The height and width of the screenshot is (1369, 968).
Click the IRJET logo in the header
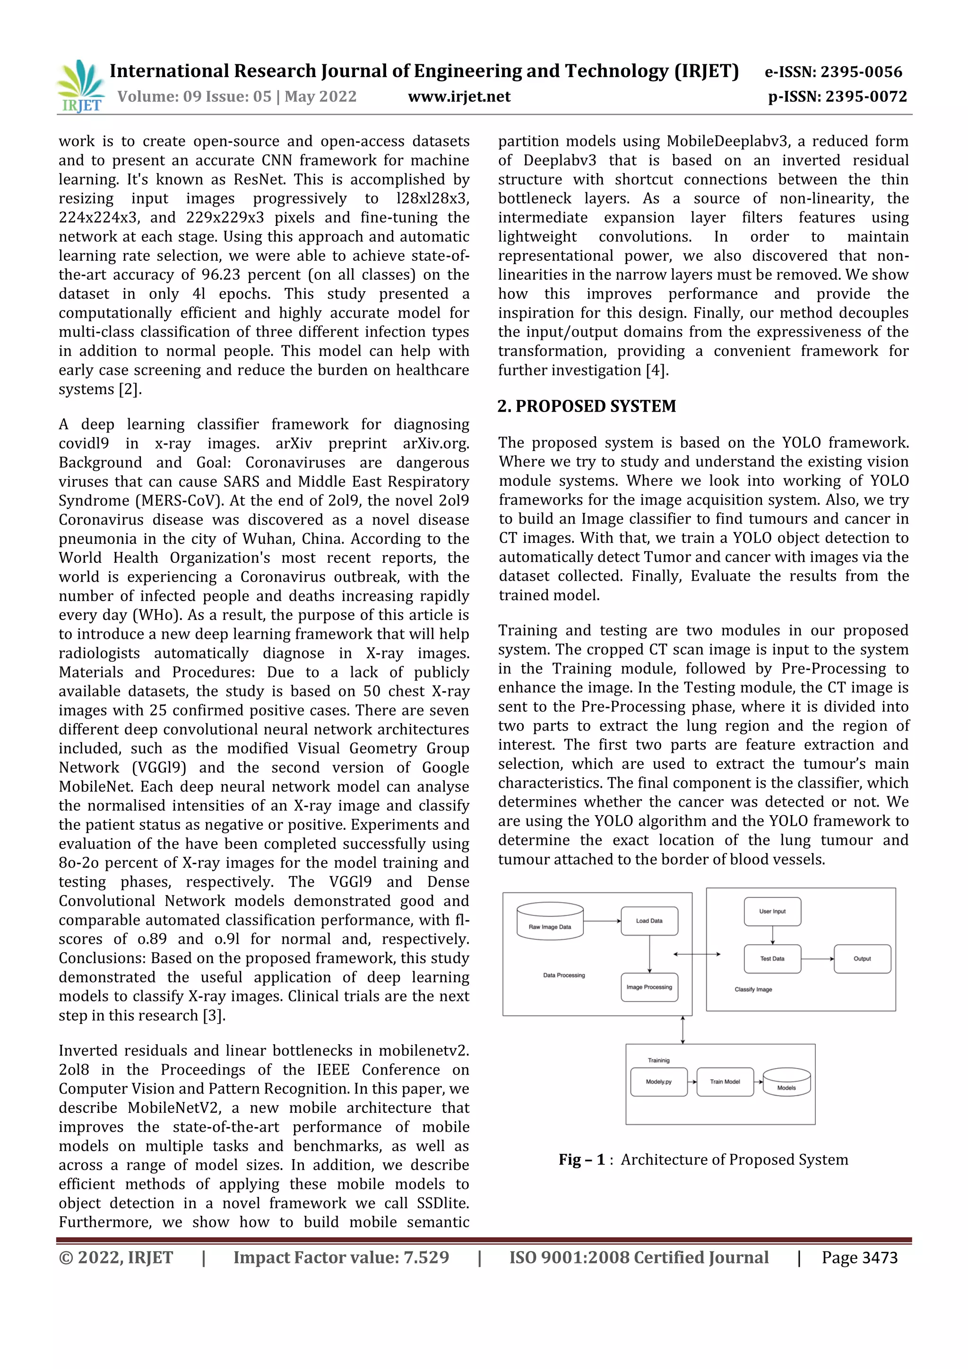[x=80, y=87]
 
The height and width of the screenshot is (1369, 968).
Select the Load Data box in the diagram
[x=649, y=921]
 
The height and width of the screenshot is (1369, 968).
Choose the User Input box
[x=772, y=912]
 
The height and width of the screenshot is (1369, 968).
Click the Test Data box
[x=772, y=959]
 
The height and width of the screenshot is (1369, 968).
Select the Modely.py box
[x=658, y=1082]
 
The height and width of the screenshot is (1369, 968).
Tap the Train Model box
[x=725, y=1082]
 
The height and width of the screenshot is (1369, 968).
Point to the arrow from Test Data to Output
[x=817, y=959]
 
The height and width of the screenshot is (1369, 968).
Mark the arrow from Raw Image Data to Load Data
[x=602, y=921]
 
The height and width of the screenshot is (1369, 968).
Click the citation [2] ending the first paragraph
[x=130, y=389]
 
